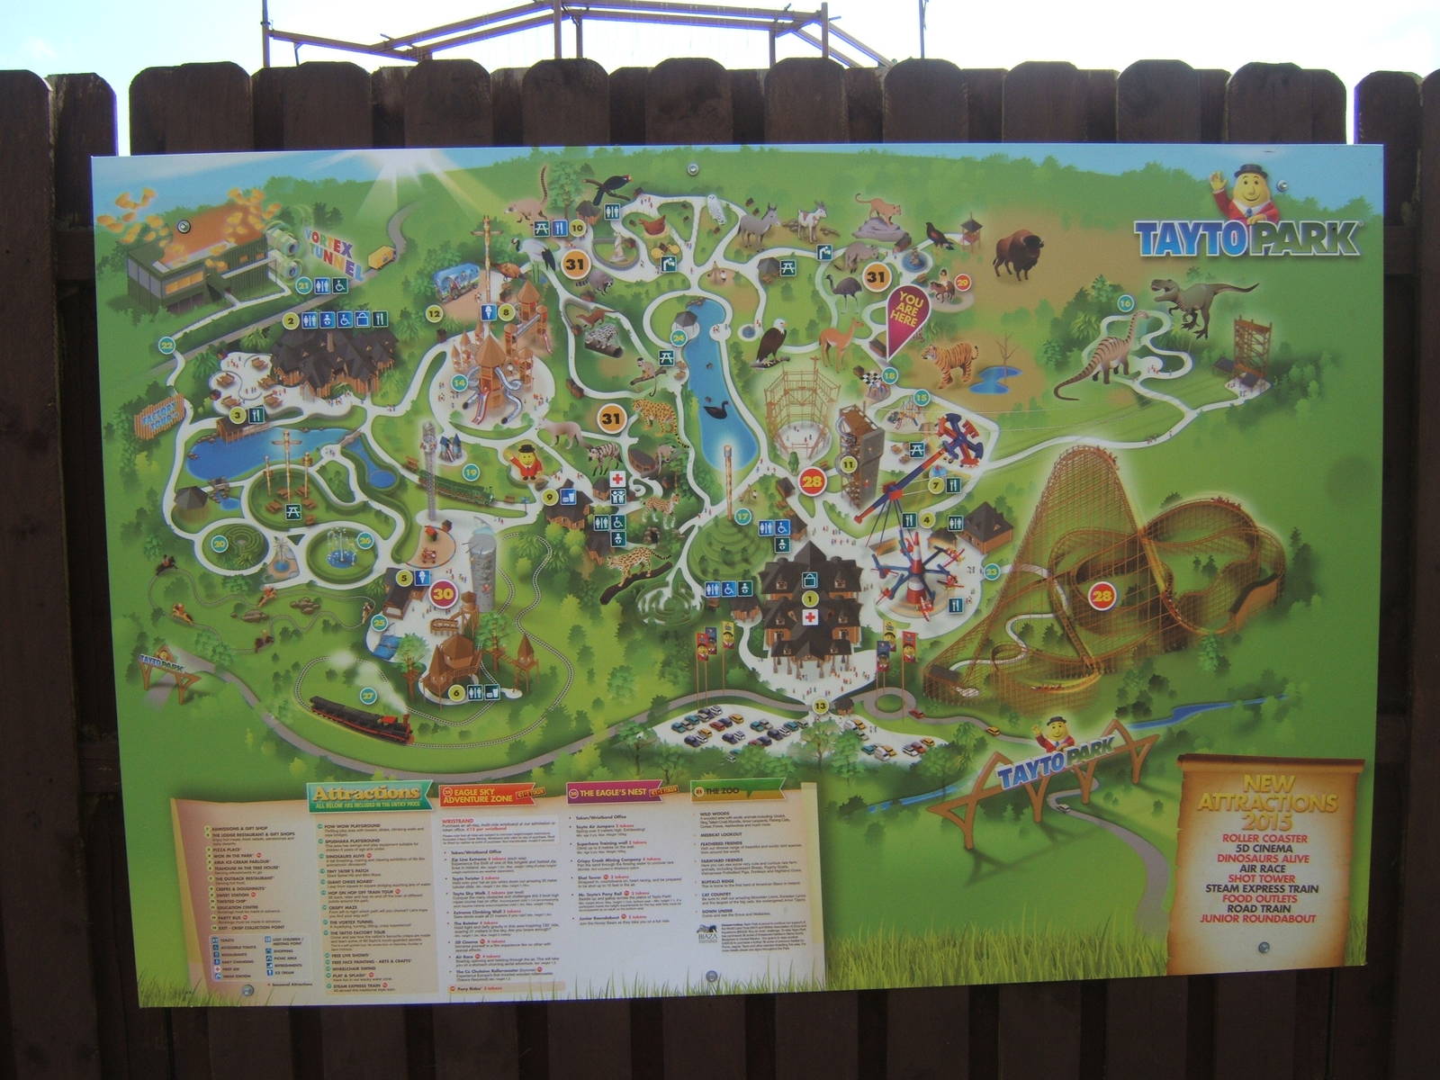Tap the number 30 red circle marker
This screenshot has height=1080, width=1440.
[x=443, y=593]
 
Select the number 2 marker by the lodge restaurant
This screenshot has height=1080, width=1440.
[x=291, y=319]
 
